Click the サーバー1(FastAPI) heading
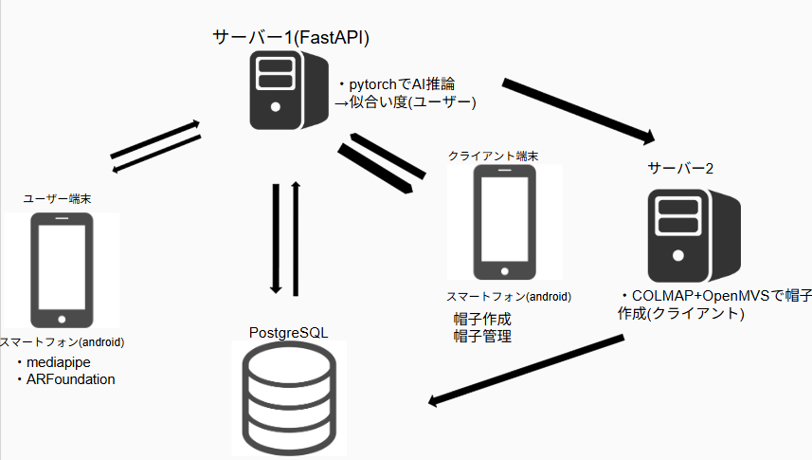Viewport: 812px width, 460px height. [x=291, y=37]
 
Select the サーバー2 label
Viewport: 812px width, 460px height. [x=680, y=168]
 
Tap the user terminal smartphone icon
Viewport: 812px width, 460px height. [x=63, y=270]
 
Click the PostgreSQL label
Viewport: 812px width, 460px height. [x=288, y=333]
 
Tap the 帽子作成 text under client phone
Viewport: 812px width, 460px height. [x=482, y=318]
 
